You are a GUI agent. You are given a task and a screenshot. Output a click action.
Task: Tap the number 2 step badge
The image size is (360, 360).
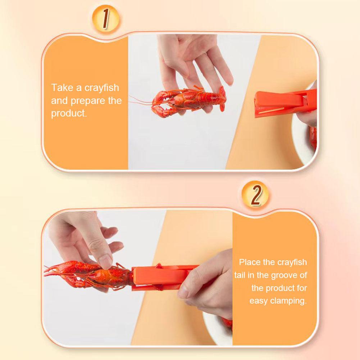coord(255,195)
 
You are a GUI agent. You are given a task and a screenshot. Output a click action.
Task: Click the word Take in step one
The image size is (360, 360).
coord(61,88)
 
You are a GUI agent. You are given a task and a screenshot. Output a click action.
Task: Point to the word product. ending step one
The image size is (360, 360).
coord(69,114)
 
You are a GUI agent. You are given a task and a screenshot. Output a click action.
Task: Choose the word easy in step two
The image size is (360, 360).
coord(258,301)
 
